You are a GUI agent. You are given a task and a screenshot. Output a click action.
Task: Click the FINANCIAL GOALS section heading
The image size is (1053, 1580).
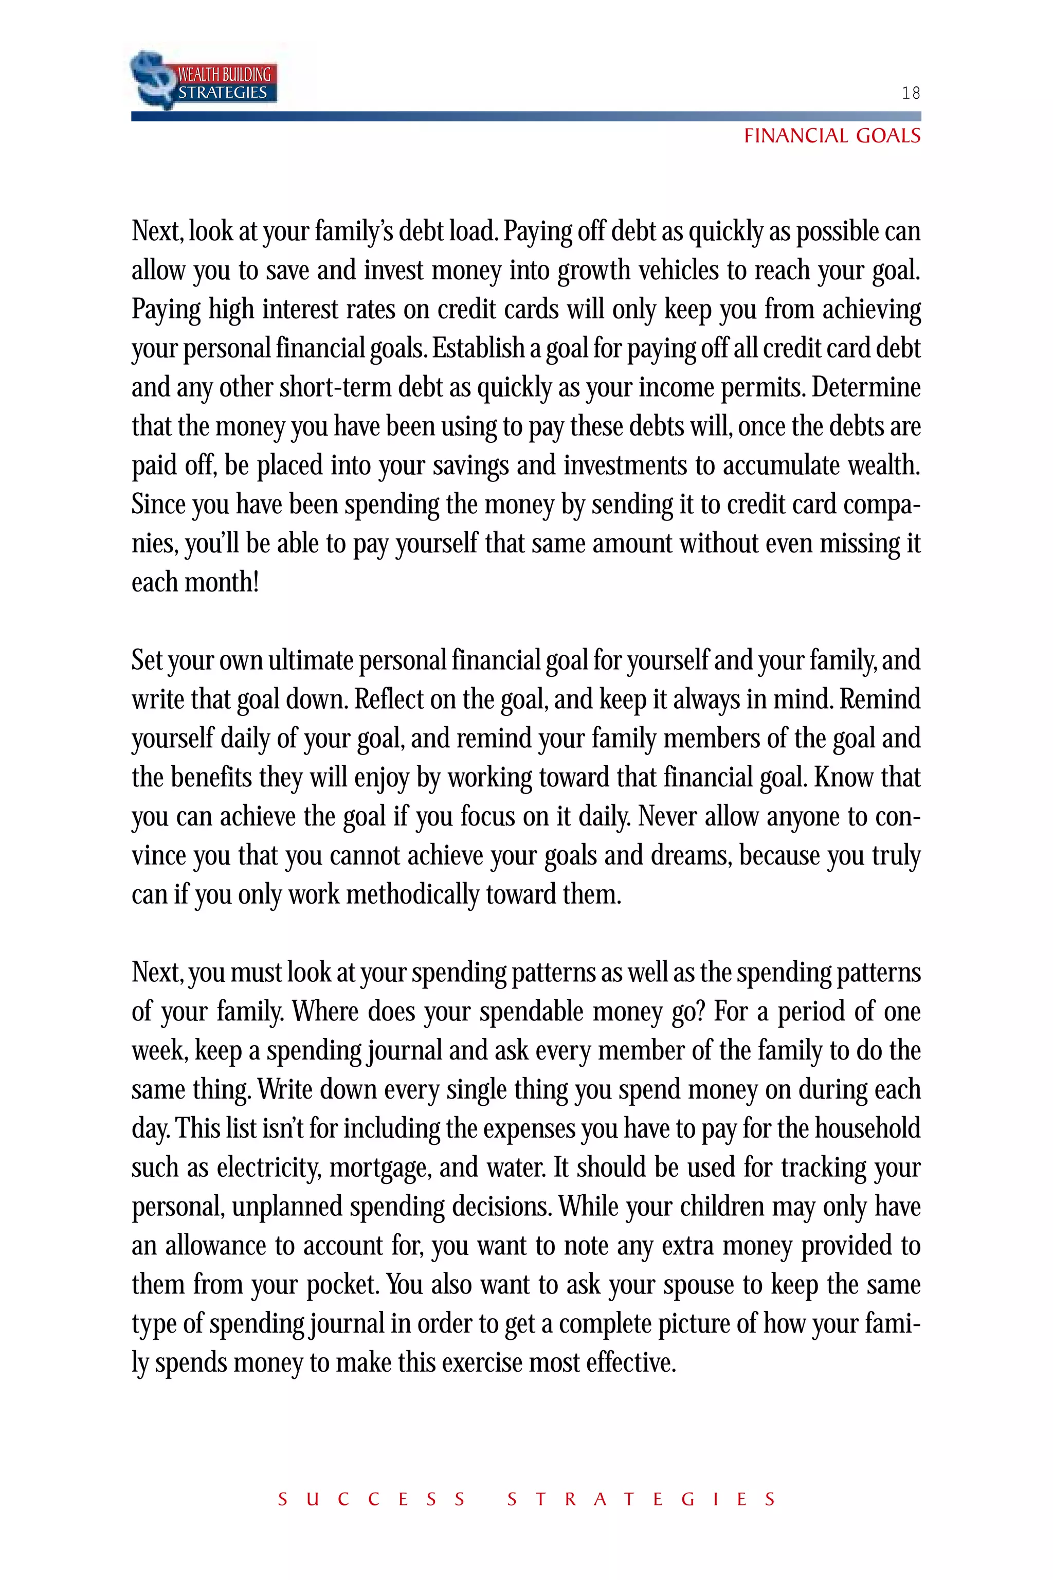(x=832, y=136)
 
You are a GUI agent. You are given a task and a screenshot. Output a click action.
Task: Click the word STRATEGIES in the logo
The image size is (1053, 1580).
(x=222, y=93)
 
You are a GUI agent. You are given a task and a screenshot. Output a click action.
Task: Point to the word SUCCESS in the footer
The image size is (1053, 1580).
(x=371, y=1499)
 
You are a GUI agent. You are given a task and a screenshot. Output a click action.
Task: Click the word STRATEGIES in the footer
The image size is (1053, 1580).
(x=641, y=1499)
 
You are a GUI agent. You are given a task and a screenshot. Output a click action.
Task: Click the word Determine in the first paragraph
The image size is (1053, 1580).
(x=866, y=388)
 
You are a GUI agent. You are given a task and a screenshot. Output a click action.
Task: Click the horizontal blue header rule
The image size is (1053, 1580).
(x=526, y=116)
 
